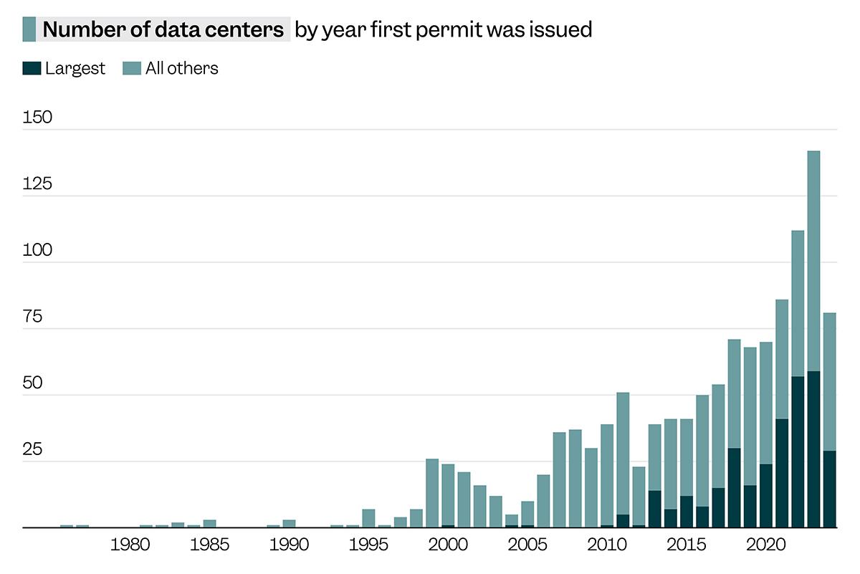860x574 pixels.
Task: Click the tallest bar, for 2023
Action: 813,287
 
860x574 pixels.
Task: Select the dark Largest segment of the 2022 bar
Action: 798,451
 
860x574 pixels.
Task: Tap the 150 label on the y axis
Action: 37,118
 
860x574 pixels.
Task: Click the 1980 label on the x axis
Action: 130,545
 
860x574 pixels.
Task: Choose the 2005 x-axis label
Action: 527,545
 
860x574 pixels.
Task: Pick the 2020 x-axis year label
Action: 765,545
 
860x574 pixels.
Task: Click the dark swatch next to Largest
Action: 32,68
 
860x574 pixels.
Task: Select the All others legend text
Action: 181,68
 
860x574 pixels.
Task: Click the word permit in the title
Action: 463,30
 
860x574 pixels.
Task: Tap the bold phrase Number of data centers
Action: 163,30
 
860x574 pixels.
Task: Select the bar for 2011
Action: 623,459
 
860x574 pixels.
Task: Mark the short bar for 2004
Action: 512,521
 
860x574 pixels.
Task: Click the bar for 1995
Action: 368,518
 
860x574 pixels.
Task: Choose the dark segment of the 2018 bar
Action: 734,487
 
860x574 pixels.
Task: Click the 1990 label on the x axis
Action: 289,545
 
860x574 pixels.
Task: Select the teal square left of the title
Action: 29,29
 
